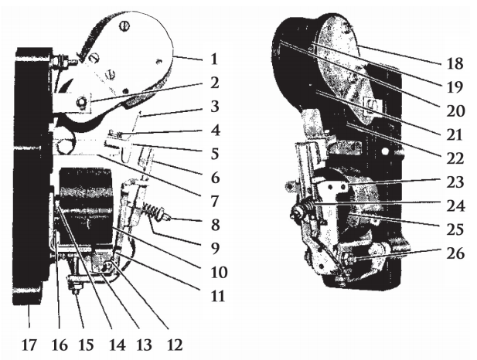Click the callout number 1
[x=214, y=59]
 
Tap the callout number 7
[x=214, y=201]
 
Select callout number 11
[x=218, y=296]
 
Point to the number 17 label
[x=29, y=345]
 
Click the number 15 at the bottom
[x=86, y=345]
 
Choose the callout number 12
[x=174, y=345]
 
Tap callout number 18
[x=455, y=63]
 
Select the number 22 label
[x=455, y=158]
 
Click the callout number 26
[x=455, y=253]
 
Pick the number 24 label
[x=455, y=205]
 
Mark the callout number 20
[x=455, y=111]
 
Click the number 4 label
[x=215, y=130]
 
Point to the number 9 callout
[x=215, y=249]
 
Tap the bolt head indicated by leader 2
[x=81, y=101]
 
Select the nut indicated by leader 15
[x=75, y=287]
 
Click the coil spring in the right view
[x=309, y=203]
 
